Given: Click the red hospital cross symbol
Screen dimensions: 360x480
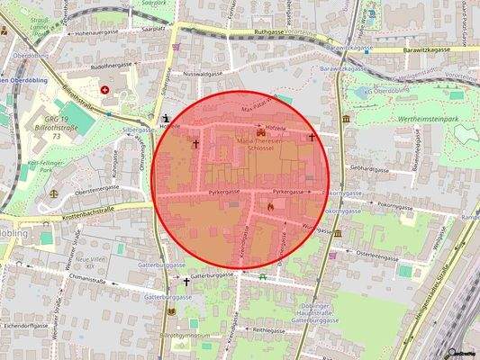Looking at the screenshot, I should [106, 89].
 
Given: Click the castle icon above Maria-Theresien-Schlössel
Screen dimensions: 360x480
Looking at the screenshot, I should [262, 132].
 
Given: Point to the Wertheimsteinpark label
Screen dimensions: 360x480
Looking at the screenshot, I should [420, 118].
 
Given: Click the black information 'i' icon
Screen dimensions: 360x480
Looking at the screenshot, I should [165, 118].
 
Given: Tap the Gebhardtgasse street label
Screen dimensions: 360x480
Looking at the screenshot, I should [369, 168].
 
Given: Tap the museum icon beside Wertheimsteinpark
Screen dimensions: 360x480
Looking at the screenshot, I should [347, 119].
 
